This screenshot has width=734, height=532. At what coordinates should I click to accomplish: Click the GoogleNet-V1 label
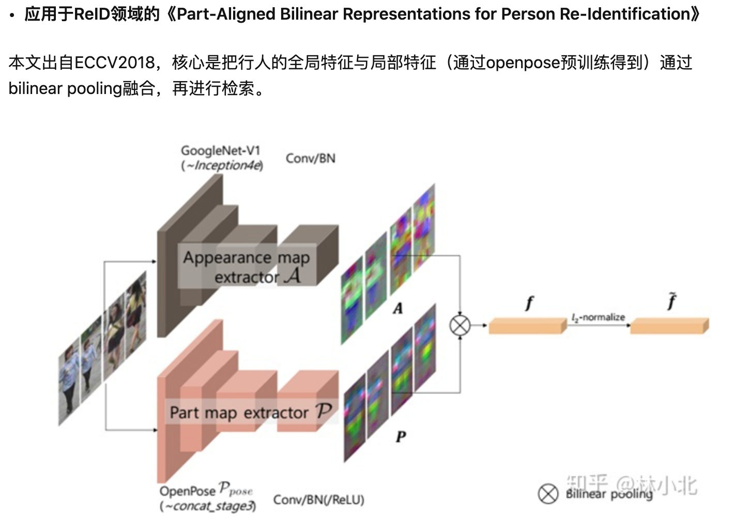click(x=220, y=150)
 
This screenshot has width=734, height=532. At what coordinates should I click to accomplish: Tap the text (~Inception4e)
click(x=222, y=165)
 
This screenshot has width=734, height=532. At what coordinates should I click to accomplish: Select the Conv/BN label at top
click(x=310, y=158)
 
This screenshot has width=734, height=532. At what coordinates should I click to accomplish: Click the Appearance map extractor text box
click(x=247, y=267)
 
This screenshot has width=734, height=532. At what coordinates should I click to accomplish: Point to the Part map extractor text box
click(x=251, y=412)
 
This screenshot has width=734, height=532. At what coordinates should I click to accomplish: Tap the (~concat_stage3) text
click(x=208, y=506)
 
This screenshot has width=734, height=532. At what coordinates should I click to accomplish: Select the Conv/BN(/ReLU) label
click(x=318, y=499)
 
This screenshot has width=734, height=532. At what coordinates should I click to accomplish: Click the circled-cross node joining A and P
click(x=460, y=325)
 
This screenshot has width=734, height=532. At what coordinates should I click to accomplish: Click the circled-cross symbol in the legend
click(x=548, y=493)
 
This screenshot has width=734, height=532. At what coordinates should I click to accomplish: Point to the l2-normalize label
click(x=598, y=317)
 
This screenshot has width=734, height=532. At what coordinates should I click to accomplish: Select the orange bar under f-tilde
click(x=669, y=325)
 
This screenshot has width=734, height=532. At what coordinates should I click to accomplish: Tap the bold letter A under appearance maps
click(x=397, y=308)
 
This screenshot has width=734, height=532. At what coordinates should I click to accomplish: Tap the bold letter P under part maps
click(x=401, y=437)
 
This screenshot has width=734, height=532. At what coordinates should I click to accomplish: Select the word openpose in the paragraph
click(x=523, y=62)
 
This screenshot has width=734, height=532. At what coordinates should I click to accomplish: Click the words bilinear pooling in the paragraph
click(x=65, y=88)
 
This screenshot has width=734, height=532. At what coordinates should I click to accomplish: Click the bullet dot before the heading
click(x=12, y=15)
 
